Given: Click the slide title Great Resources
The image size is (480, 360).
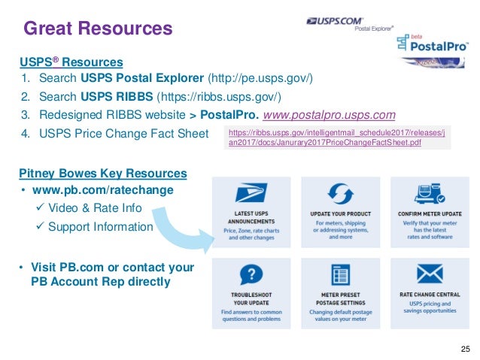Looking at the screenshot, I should tap(98, 29).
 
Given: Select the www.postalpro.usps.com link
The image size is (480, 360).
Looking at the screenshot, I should tap(333, 115).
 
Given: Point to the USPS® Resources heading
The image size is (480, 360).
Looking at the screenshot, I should tap(71, 62).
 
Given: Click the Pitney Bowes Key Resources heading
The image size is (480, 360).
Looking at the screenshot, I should tap(103, 174).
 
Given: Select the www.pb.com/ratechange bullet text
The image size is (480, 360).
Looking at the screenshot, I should tap(102, 190).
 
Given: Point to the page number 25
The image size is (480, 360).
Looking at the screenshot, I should tap(464, 347).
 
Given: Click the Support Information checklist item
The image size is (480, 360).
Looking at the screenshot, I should tap(101, 226).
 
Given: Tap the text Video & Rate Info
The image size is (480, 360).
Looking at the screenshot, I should tap(95, 208).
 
